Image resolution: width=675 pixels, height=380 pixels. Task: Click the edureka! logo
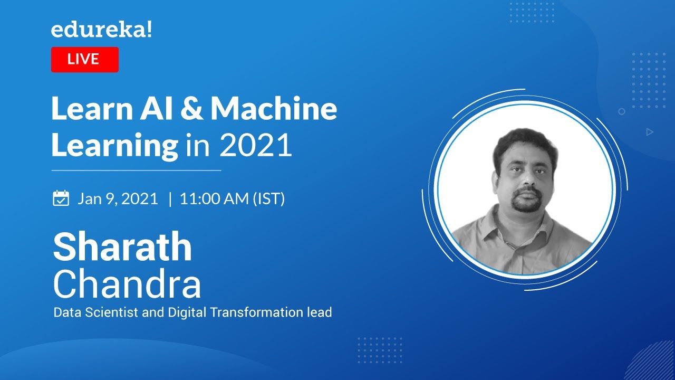pyautogui.click(x=101, y=31)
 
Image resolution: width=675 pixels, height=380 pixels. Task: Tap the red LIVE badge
pyautogui.click(x=84, y=59)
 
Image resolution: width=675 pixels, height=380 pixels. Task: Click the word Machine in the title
pyautogui.click(x=274, y=109)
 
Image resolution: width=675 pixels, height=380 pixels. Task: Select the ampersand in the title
pyautogui.click(x=192, y=109)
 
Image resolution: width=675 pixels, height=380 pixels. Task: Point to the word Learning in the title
pyautogui.click(x=114, y=146)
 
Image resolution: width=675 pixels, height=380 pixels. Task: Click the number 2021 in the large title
pyautogui.click(x=255, y=146)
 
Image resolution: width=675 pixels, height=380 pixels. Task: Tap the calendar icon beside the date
pyautogui.click(x=61, y=198)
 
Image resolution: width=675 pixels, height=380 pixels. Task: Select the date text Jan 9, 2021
pyautogui.click(x=118, y=199)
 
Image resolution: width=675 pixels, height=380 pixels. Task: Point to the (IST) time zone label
pyautogui.click(x=269, y=199)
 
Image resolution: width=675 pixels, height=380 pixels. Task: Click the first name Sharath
pyautogui.click(x=122, y=247)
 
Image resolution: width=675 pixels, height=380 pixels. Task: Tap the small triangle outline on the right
pyautogui.click(x=650, y=132)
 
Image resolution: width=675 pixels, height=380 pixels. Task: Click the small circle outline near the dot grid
pyautogui.click(x=622, y=111)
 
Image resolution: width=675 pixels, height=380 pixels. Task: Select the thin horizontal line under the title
pyautogui.click(x=136, y=170)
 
